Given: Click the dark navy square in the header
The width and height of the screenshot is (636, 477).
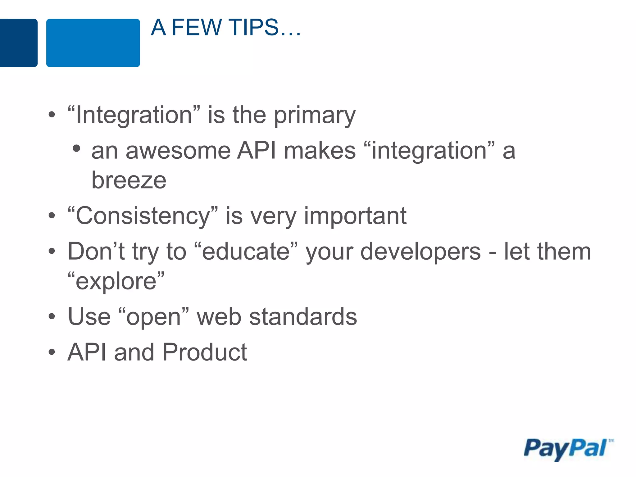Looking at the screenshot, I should pos(18,43).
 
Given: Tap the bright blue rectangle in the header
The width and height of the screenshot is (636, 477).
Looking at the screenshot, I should pos(93,43).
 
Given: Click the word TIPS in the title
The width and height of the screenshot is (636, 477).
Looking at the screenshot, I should pos(254,27).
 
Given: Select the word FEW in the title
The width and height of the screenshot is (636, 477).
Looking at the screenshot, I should pos(196,27).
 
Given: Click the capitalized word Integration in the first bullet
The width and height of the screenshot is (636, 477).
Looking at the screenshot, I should pos(134,115).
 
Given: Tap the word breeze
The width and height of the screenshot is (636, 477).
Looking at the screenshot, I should pos(129,180).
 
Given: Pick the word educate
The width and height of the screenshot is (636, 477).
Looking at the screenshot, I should pos(246,252).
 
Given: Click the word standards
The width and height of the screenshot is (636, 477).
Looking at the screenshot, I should pos(303,317).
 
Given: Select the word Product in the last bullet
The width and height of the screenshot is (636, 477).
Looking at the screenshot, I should pos(205,352).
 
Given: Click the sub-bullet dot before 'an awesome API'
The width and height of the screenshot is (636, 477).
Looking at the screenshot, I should pos(76,148).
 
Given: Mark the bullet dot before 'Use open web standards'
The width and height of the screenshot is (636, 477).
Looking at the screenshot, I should pos(52,317).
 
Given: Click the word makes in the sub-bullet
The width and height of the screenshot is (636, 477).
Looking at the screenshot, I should pos(320,151).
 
